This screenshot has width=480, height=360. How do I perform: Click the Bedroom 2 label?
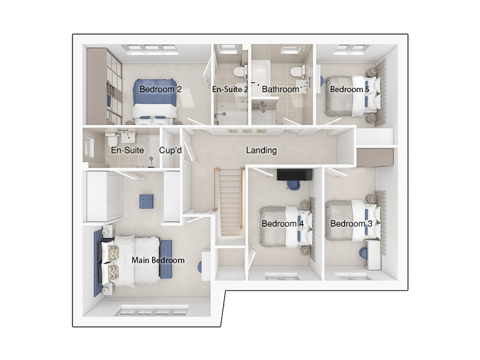(x=160, y=89)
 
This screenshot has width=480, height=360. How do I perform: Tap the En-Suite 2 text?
(x=230, y=89)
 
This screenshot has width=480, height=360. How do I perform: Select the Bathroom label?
(x=280, y=89)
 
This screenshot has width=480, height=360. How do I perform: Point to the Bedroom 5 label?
(x=349, y=89)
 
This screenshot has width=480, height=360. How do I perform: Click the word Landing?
(x=262, y=150)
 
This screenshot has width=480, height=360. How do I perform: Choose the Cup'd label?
(x=170, y=150)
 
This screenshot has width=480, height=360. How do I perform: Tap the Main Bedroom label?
(x=158, y=260)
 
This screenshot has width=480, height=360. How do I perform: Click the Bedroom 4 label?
(x=283, y=224)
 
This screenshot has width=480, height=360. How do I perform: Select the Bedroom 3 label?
(x=351, y=224)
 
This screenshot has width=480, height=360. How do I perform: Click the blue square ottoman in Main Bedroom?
(x=146, y=202)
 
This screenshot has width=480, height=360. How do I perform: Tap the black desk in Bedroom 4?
(x=295, y=175)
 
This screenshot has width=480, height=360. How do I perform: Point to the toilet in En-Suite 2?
(x=240, y=72)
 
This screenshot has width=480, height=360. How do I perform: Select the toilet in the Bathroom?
(x=297, y=72)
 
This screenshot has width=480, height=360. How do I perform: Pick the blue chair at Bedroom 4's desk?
(x=294, y=185)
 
